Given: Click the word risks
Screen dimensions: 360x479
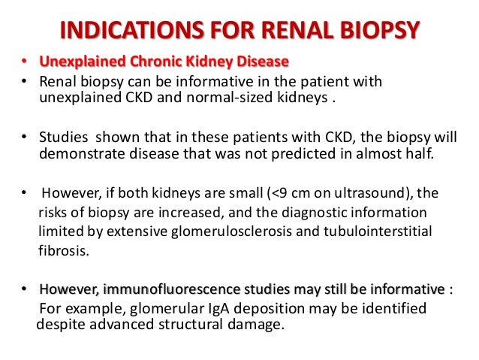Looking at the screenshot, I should pyautogui.click(x=53, y=213).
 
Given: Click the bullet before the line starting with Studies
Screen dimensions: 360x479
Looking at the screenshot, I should pyautogui.click(x=26, y=137).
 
